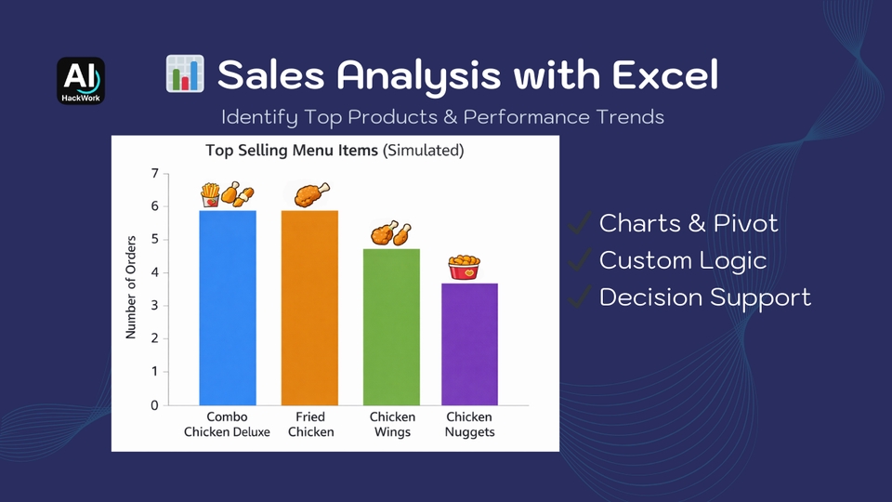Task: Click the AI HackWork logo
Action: tap(81, 81)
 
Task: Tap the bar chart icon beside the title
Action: tap(185, 74)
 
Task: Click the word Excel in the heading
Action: tap(665, 74)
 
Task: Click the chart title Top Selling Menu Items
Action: tap(291, 151)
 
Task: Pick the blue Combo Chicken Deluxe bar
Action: tap(228, 308)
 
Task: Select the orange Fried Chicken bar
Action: tap(309, 308)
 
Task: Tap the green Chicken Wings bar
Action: tap(391, 327)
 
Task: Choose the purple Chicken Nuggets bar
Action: tap(469, 344)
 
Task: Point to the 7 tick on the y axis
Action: tap(155, 174)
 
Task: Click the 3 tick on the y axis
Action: tap(155, 306)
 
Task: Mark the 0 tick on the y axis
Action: tap(155, 405)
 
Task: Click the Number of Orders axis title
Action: tap(131, 287)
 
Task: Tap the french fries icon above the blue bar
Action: tap(211, 195)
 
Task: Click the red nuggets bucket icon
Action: tap(465, 268)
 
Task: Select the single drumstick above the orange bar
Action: tap(310, 194)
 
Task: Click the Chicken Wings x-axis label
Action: tap(392, 424)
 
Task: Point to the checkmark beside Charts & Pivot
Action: tap(579, 222)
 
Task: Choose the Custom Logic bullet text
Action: tap(683, 260)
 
